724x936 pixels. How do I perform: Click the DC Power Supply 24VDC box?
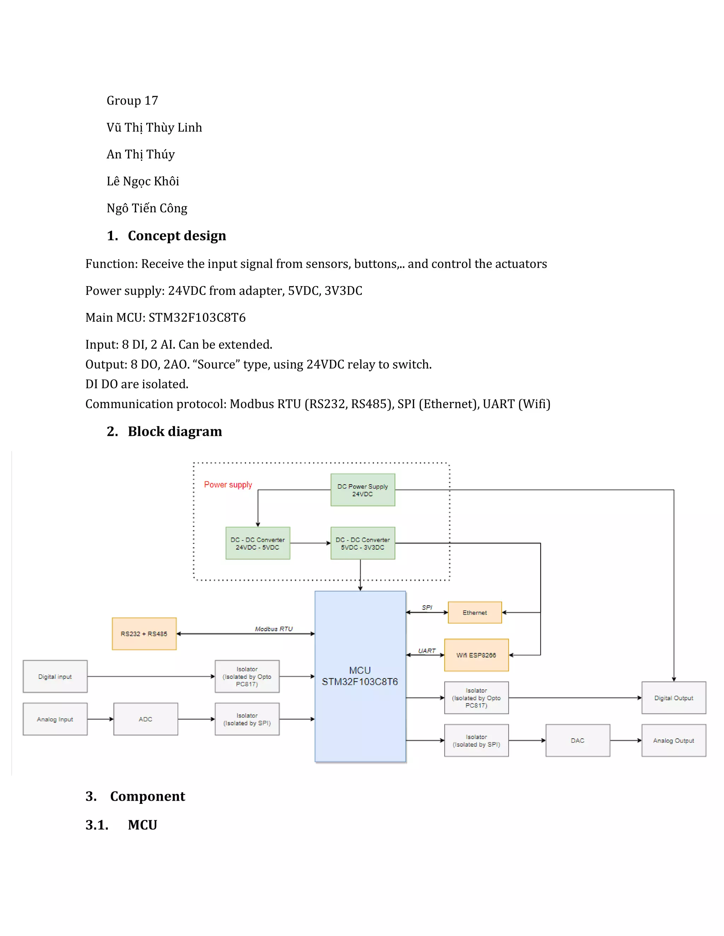[362, 490]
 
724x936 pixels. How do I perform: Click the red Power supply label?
[228, 484]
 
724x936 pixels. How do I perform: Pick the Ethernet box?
[474, 612]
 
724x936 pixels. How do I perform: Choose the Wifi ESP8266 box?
[476, 655]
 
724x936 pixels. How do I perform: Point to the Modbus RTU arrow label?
[274, 629]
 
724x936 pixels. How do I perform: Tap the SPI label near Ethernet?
[427, 607]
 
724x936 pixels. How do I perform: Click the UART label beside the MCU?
[427, 651]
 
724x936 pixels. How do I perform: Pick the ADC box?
[145, 719]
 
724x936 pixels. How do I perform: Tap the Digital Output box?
[673, 698]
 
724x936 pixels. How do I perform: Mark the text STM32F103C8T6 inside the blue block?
[360, 682]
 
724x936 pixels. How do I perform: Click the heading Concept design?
[177, 236]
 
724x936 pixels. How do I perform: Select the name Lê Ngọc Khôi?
[143, 181]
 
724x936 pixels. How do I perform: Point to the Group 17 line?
[132, 100]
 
